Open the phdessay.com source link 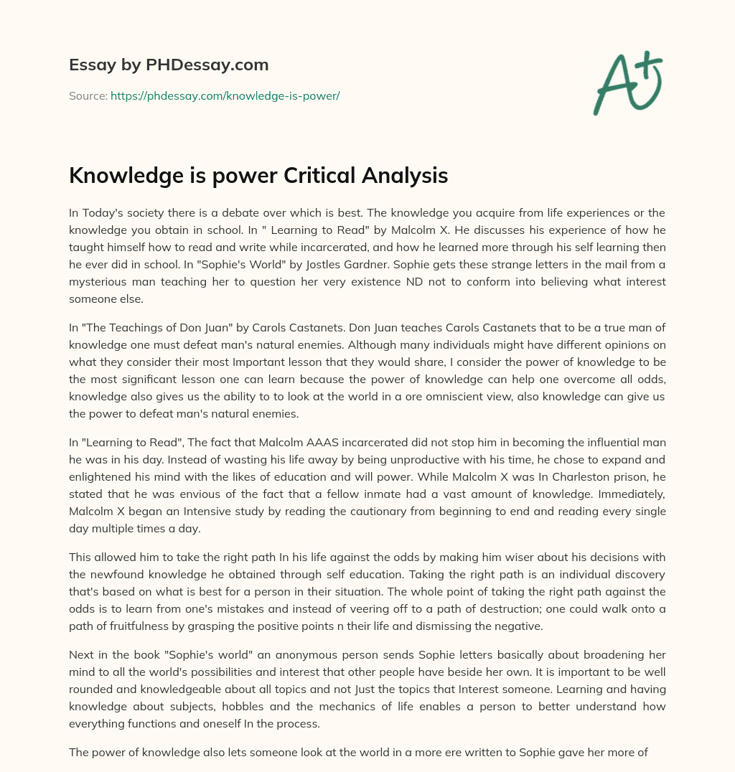coord(225,95)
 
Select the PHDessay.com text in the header coord(207,65)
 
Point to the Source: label coord(88,95)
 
